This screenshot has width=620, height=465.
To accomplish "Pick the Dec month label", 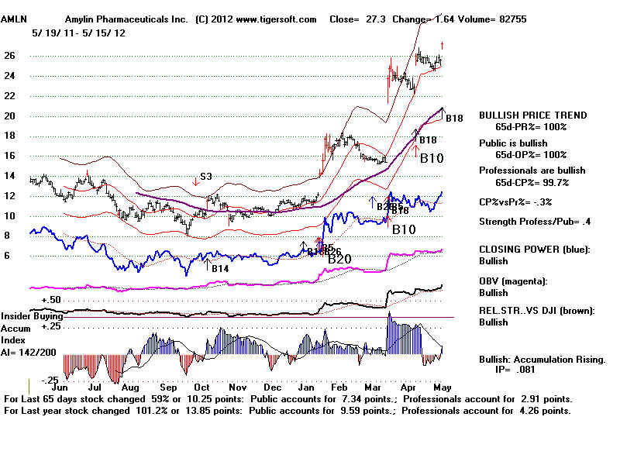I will click(271, 385).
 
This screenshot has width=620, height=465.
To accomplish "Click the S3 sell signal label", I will click(207, 177).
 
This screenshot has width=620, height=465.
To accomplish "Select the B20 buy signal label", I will click(339, 258).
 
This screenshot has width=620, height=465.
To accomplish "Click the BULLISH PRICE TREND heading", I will click(532, 115).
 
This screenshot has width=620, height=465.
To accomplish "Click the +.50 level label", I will click(51, 299).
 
